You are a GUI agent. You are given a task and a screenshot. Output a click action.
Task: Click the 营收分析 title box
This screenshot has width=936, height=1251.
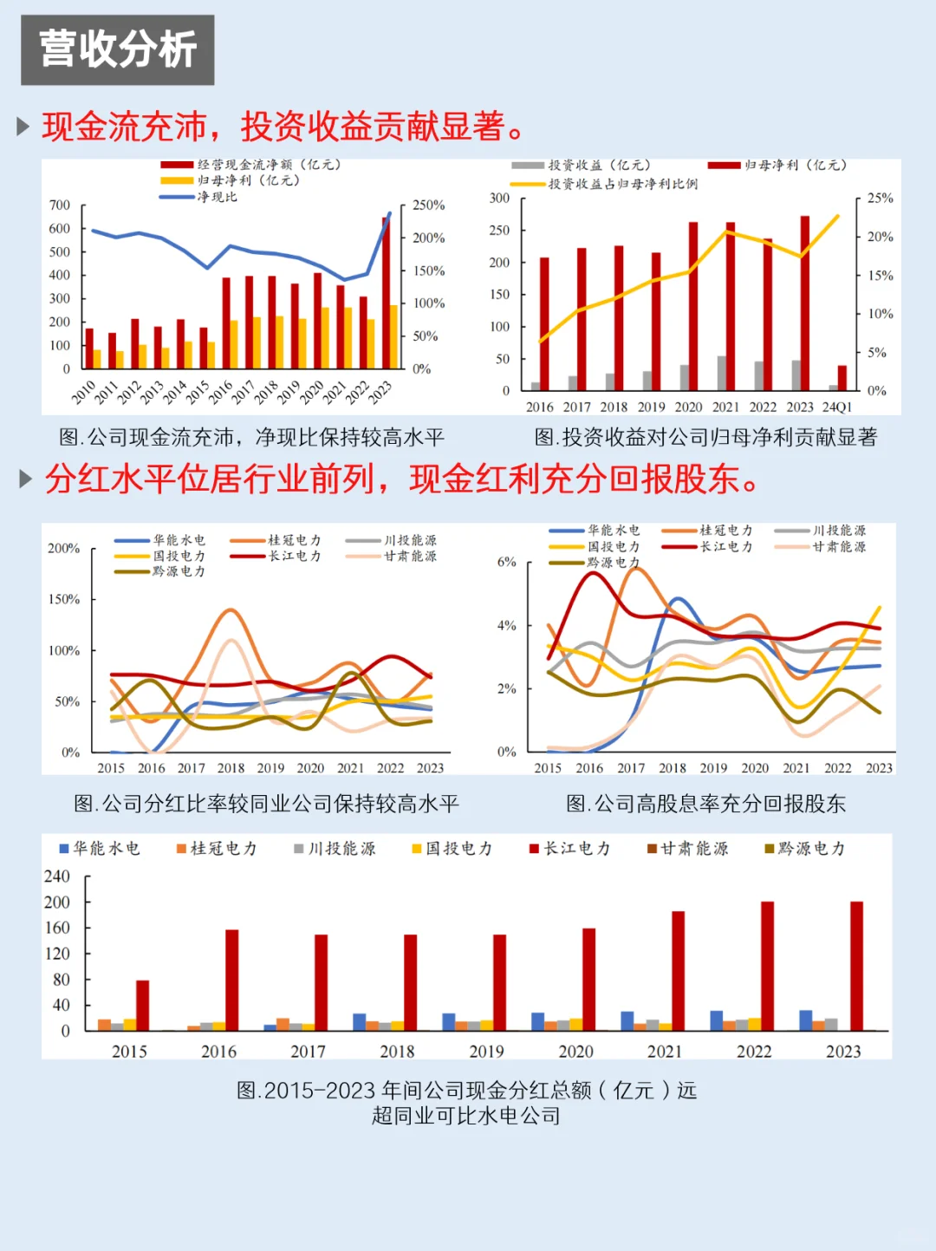coord(118,49)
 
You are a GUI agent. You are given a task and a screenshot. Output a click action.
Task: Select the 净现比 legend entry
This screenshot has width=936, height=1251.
coord(216,197)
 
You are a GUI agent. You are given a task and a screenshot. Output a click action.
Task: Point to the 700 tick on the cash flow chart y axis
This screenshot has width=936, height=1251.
coord(60,205)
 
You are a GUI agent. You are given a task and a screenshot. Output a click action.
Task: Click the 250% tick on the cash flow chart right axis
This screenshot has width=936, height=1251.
coord(428,205)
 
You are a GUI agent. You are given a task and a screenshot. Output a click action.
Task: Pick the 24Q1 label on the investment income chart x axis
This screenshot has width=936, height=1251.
coord(836,407)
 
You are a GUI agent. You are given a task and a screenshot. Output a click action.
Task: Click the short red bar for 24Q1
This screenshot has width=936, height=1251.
coord(842,378)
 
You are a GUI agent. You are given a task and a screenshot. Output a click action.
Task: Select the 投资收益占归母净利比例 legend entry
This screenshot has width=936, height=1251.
coord(621,184)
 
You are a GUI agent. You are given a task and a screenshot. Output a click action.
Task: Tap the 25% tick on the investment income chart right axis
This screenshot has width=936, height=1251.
coord(880,199)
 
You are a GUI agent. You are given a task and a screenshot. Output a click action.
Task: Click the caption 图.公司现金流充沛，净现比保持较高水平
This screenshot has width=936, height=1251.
coord(251,437)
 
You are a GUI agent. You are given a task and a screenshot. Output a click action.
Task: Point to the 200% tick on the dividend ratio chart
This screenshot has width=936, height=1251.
coord(63,548)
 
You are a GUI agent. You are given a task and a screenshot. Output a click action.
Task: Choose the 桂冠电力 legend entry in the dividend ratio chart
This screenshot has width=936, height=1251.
coord(293,540)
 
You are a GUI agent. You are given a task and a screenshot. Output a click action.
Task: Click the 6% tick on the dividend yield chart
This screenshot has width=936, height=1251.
coord(506,562)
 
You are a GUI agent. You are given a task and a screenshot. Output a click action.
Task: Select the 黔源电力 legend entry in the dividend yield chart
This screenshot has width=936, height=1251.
coord(612,563)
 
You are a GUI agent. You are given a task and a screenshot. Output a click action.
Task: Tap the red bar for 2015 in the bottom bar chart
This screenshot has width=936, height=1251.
coord(142,1006)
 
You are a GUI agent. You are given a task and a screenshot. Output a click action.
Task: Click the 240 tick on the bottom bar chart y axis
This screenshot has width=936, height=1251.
coord(57,876)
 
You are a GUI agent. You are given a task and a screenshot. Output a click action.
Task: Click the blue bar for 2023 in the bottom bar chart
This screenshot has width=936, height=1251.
coord(805,1020)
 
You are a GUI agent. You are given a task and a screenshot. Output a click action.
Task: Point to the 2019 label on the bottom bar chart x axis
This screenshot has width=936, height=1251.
coord(486,1052)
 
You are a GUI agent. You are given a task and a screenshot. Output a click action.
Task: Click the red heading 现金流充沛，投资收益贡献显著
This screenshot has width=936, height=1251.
coord(283,127)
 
